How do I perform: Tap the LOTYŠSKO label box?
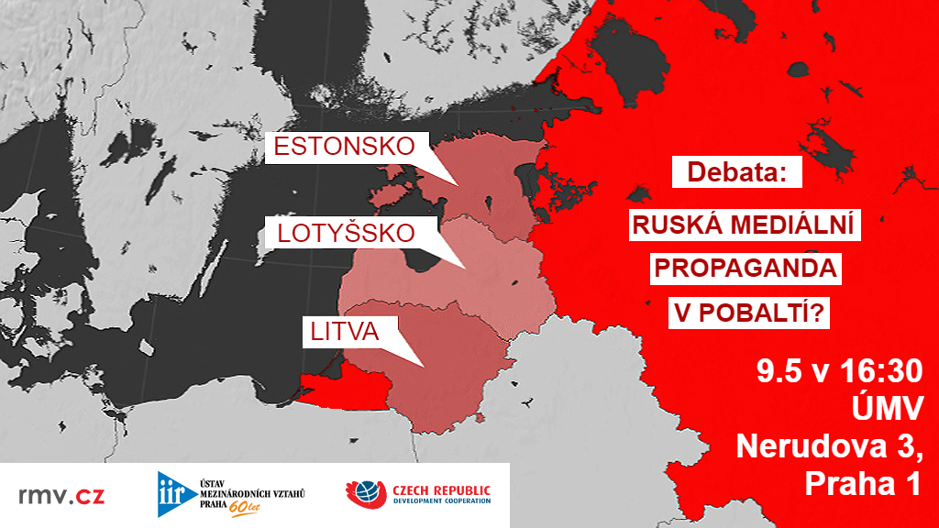[x=346, y=234]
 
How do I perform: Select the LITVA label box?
[x=341, y=332]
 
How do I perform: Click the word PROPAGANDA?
[x=745, y=269]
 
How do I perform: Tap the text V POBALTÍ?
[x=751, y=313]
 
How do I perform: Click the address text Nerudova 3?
[x=829, y=447]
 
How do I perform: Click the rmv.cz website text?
[x=61, y=496]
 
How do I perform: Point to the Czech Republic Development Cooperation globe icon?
[x=364, y=495]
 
